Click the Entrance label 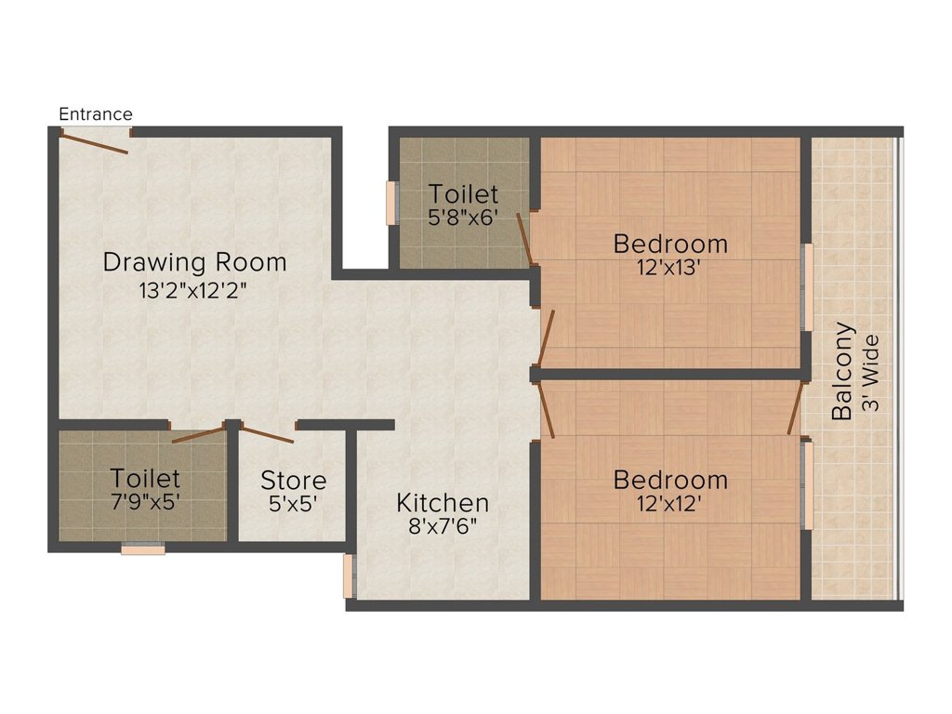tap(96, 114)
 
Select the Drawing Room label tap(194, 262)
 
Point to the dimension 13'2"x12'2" tap(194, 290)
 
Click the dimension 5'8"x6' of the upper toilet tap(463, 219)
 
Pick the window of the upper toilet tap(391, 202)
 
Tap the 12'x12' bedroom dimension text tap(670, 504)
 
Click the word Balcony tap(842, 371)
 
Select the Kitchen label tap(443, 503)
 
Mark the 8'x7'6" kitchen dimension tap(443, 527)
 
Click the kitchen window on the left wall tap(349, 576)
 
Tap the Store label tap(293, 481)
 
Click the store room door tap(267, 433)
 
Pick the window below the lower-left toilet tap(143, 549)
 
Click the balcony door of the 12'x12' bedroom tap(795, 408)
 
